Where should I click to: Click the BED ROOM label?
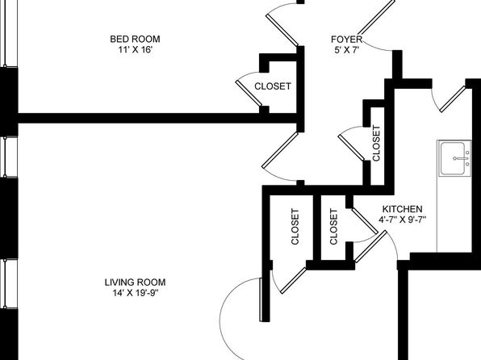[135, 40]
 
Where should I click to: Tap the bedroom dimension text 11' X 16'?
[136, 50]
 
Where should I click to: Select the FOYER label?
[347, 40]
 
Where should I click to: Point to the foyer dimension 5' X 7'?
[347, 50]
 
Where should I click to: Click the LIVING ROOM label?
[135, 283]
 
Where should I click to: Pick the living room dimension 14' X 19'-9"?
[136, 293]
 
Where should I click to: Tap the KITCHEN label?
[402, 209]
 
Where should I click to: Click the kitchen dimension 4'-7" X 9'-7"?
[403, 220]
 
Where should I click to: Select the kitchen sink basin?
[453, 159]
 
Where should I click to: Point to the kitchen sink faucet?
[461, 158]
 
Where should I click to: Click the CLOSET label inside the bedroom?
[273, 86]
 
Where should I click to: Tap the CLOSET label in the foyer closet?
[376, 143]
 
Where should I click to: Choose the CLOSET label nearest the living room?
[295, 227]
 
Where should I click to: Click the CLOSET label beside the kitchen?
[333, 227]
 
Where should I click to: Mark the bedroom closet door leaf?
[249, 93]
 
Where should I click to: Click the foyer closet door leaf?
[352, 148]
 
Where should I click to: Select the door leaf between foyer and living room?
[280, 150]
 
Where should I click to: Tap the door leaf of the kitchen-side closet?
[365, 220]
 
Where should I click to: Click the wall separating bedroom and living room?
[157, 118]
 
